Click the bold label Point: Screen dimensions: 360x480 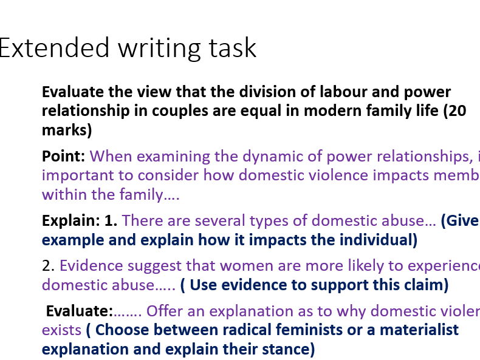(x=63, y=156)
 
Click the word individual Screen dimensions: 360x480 (x=371, y=240)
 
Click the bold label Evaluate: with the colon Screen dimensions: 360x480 (x=80, y=311)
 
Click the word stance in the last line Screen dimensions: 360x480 (x=286, y=350)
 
